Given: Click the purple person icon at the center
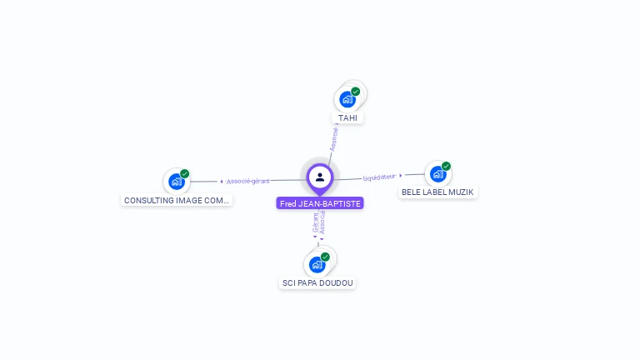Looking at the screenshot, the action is pos(320,177).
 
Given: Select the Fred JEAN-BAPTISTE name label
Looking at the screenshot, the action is pos(320,203).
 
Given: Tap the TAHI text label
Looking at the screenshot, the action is pos(347,118).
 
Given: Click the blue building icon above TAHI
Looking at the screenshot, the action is pos(347,100).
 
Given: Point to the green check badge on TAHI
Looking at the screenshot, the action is pos(356,92).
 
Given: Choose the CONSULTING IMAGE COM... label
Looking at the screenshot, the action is pos(176,201).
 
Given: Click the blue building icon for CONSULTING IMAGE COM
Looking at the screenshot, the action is pos(176,182).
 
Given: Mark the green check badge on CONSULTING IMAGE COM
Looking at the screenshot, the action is pos(185,173).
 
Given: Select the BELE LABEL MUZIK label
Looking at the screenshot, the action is pos(437,192).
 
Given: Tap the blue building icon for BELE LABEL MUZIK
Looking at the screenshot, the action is pos(437,174).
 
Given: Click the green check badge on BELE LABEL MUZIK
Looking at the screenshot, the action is pos(447,166).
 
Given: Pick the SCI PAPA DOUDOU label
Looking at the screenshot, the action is pos(317,283).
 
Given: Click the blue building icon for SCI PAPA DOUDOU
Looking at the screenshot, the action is pos(317,265).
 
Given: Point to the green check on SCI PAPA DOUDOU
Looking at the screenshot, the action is pos(325,257).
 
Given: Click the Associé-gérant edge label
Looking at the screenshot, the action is pos(248,181).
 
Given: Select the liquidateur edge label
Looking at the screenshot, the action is pos(379,177).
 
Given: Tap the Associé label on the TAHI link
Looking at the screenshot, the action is pos(333,138).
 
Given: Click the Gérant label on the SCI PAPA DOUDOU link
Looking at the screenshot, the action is pos(315,222).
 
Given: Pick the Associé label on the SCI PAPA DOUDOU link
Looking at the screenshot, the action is pos(322,222).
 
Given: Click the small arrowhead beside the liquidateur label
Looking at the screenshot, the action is pos(401,176).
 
